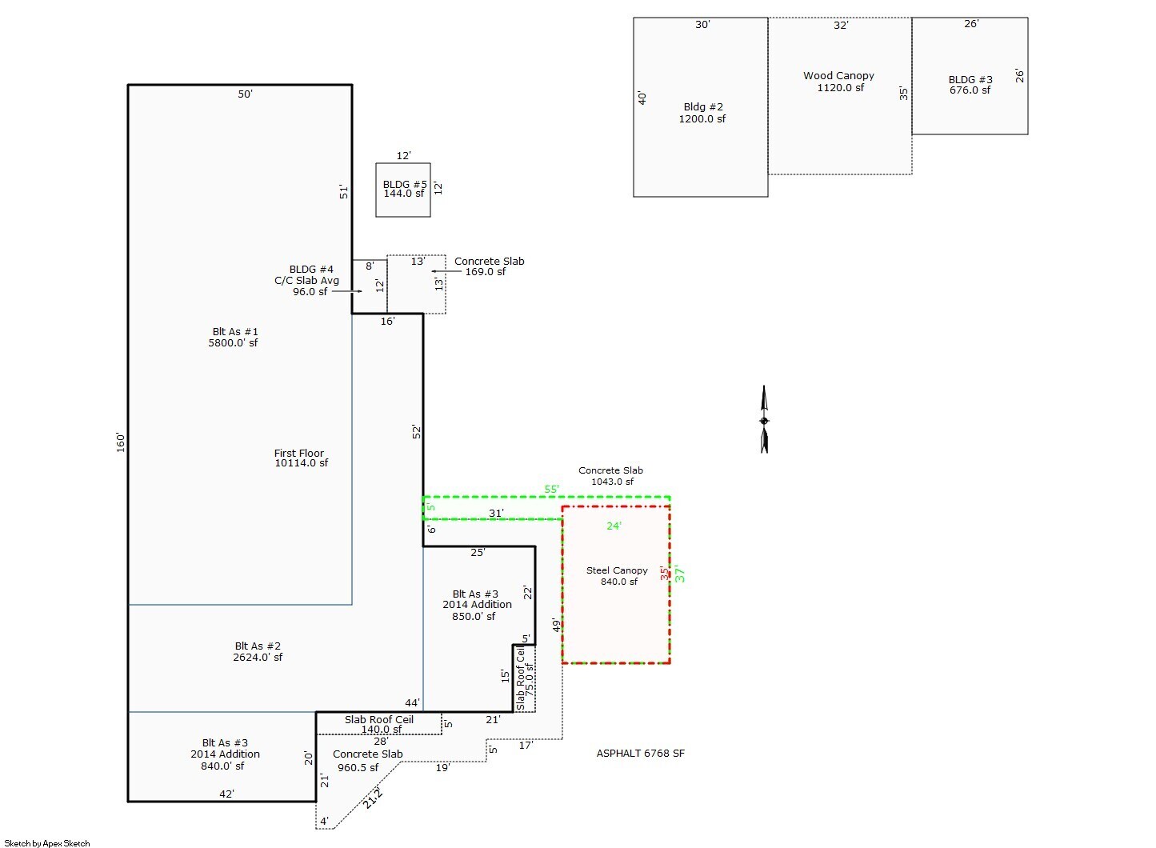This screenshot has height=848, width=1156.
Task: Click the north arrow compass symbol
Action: tap(764, 420)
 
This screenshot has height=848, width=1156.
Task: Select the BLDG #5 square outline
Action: tap(403, 190)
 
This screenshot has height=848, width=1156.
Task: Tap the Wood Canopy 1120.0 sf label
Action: tap(839, 82)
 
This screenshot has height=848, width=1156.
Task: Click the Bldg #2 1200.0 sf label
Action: tap(703, 113)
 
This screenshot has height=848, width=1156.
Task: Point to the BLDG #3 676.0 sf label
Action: tap(970, 85)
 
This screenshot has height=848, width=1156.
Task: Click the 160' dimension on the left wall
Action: tap(121, 442)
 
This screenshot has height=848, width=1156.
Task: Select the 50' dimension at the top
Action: tap(245, 94)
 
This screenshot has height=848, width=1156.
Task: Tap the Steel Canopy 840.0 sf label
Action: tap(617, 576)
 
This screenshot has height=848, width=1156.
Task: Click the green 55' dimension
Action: tap(552, 489)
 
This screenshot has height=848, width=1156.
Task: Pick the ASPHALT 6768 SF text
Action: tap(640, 754)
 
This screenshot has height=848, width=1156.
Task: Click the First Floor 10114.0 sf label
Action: tap(300, 458)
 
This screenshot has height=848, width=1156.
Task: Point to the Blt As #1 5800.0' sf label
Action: tap(234, 337)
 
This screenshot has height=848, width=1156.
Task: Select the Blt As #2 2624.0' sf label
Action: tap(258, 651)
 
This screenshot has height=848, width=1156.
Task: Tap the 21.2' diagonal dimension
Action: tap(373, 797)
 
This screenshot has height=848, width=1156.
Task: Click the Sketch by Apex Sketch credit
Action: tap(47, 843)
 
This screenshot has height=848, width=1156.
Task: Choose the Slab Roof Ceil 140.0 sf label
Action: tap(379, 724)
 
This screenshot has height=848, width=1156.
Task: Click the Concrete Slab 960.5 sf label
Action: tap(367, 761)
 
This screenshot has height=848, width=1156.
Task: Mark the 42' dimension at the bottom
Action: tap(226, 794)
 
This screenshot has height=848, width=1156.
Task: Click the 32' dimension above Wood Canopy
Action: tap(841, 26)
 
